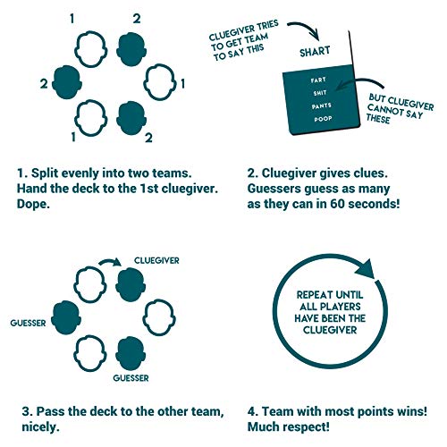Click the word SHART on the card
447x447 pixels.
[315, 52]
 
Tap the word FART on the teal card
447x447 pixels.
[318, 80]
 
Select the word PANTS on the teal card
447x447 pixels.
[322, 105]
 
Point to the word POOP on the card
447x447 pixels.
[323, 119]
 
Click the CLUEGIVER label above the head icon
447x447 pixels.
[156, 260]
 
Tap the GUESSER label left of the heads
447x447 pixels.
[28, 323]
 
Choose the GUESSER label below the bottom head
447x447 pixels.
[131, 378]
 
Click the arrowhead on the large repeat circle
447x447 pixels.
[366, 269]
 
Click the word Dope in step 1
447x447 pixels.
[33, 205]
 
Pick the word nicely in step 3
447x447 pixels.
[40, 427]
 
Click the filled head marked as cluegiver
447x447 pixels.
[131, 285]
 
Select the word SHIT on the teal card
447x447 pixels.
[320, 93]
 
